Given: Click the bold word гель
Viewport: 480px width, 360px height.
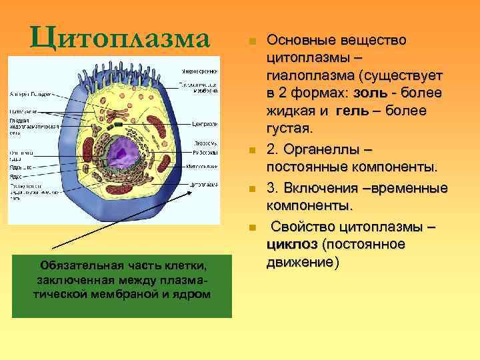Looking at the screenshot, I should pyautogui.click(x=353, y=109).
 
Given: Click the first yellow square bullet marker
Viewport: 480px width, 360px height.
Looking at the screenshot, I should pyautogui.click(x=251, y=42).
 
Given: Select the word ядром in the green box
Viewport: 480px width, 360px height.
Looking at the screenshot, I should pyautogui.click(x=194, y=294).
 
